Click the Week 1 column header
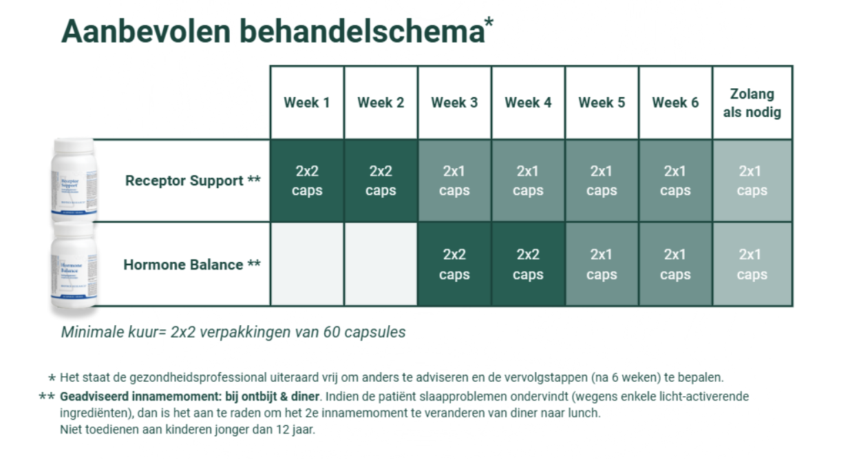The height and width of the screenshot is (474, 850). tap(307, 103)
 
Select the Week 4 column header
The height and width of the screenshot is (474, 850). tap(528, 103)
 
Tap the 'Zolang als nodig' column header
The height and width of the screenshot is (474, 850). tap(752, 103)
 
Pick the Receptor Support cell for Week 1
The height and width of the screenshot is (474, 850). tap(307, 181)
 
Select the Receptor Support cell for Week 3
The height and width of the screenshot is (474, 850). tap(454, 181)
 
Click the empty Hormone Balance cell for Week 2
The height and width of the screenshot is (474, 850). tap(381, 265)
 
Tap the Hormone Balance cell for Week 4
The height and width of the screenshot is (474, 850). tap(528, 265)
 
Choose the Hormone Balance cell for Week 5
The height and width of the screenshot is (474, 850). tap(602, 265)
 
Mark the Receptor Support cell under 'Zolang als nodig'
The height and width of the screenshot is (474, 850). tap(752, 181)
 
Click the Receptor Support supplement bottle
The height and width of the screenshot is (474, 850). tap(74, 181)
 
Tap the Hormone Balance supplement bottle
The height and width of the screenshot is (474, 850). tap(74, 269)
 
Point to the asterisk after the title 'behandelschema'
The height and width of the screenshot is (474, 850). tap(489, 22)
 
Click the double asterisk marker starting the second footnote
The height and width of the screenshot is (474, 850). tap(47, 398)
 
